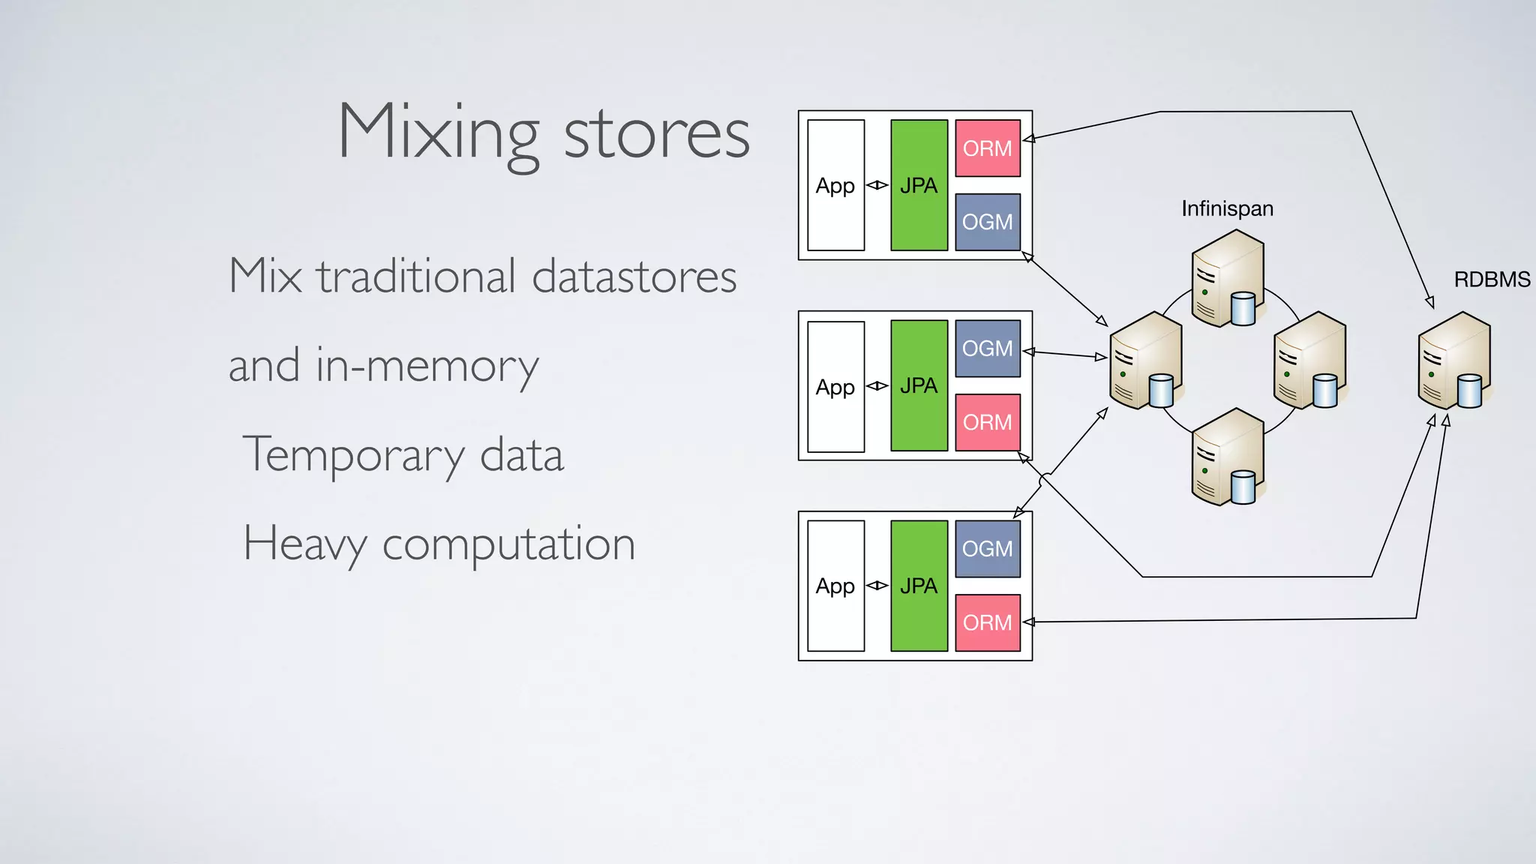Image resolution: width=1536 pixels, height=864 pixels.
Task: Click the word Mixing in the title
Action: (439, 133)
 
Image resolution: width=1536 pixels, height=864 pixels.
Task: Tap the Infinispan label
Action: (1227, 208)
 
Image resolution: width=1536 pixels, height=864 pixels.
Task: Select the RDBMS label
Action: (1491, 280)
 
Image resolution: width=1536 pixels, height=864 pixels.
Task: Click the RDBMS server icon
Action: (1453, 361)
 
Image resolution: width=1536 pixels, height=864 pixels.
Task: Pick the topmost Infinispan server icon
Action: (1228, 279)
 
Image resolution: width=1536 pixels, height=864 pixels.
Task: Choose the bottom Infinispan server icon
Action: (1228, 457)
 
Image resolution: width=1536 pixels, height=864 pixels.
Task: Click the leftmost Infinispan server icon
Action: (1146, 361)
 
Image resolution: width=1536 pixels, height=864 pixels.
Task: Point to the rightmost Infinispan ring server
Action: (1309, 361)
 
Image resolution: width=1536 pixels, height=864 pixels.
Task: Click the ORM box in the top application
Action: (987, 148)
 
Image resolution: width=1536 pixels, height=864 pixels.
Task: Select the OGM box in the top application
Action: (987, 222)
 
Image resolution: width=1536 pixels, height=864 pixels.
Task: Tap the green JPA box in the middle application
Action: (919, 385)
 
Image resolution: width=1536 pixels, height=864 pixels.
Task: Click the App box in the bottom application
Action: (835, 586)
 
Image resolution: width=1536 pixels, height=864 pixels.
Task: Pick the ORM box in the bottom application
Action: (987, 622)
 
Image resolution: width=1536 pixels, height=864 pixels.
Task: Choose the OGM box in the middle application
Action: (987, 349)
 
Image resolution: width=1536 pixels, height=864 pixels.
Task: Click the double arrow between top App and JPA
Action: (877, 185)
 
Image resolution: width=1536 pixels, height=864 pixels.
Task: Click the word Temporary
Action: (354, 454)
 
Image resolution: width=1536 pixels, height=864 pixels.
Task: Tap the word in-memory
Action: (427, 366)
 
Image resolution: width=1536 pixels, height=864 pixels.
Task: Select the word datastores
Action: (634, 276)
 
